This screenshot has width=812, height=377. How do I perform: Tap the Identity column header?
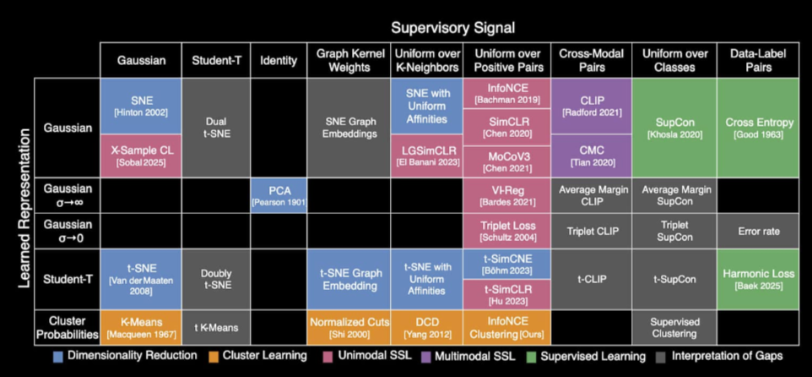click(279, 60)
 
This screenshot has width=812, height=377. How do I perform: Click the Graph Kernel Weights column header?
click(348, 60)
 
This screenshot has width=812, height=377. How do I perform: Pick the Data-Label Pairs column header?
click(758, 60)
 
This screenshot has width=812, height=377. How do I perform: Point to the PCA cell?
click(279, 195)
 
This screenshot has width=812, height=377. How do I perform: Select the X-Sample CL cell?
click(133, 154)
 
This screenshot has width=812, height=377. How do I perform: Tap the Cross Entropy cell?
click(758, 127)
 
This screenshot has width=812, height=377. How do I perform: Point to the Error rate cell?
click(758, 231)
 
